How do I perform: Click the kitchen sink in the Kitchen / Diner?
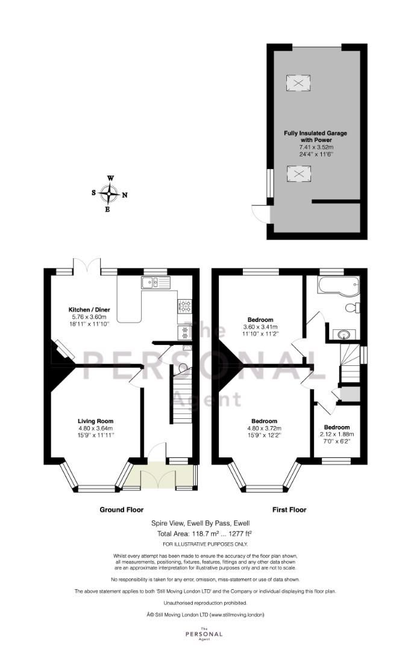(155, 282)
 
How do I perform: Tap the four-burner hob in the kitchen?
(184, 306)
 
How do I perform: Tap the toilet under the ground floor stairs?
(183, 369)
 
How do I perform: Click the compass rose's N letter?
(124, 195)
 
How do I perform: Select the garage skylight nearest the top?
(298, 82)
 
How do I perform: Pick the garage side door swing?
(260, 212)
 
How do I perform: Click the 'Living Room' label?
(95, 421)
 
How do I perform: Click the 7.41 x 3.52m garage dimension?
(316, 147)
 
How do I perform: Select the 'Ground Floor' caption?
(121, 510)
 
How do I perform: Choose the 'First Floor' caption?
(289, 510)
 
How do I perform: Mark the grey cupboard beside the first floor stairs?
(350, 394)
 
